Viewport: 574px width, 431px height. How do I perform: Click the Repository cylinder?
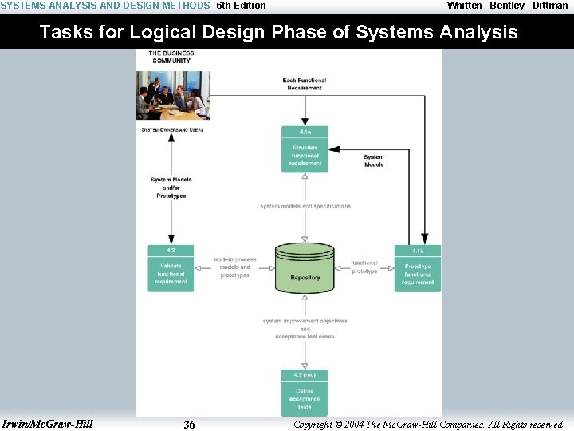[305, 268]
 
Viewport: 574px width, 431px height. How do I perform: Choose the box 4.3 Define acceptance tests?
[305, 392]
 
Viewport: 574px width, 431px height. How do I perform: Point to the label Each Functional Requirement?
[305, 84]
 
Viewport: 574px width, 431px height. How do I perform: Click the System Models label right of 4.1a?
[374, 160]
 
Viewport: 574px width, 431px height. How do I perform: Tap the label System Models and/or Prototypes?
[171, 188]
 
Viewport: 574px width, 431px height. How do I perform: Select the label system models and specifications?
[305, 206]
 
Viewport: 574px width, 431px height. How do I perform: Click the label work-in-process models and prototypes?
[234, 267]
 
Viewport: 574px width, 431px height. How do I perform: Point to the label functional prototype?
[364, 267]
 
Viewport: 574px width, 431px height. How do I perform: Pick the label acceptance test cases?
[305, 337]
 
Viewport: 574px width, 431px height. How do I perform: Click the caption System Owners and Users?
[172, 129]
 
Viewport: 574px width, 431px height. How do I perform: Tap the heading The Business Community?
[171, 57]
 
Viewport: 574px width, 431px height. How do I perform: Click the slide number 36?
[189, 425]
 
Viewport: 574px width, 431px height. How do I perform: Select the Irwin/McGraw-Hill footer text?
[48, 424]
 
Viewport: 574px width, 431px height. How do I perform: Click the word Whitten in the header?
[464, 6]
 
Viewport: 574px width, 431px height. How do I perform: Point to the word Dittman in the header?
[550, 6]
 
